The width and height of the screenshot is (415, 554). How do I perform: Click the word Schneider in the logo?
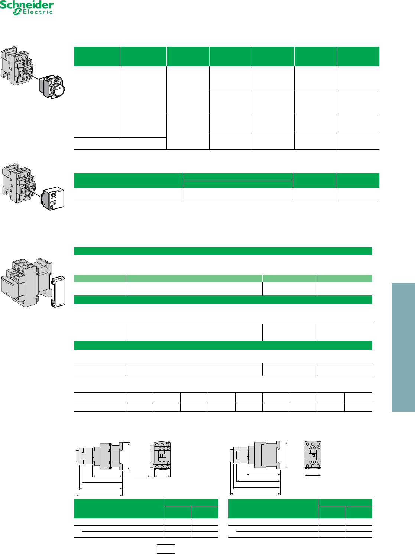tap(27, 5)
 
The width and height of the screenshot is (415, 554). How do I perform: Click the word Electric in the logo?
tap(38, 12)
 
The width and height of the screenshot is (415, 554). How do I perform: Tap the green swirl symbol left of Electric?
tap(17, 12)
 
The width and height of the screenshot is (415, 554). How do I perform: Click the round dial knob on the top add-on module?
tap(58, 88)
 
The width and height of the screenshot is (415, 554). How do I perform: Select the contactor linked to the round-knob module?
tap(17, 66)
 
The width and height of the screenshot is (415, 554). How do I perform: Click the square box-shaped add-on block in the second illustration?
tap(53, 198)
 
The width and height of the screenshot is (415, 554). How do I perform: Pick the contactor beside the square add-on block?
tap(18, 183)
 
